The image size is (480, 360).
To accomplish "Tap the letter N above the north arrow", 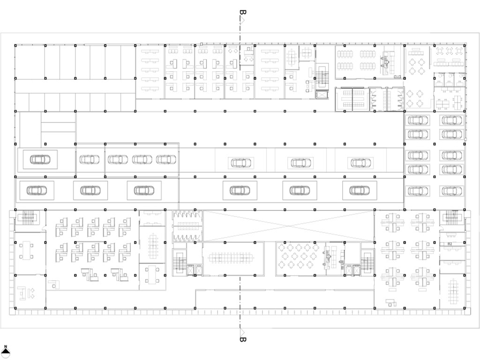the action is pyautogui.click(x=6, y=346).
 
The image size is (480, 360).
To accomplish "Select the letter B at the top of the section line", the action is pyautogui.click(x=243, y=13).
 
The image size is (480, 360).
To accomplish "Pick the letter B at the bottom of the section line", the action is pyautogui.click(x=243, y=339).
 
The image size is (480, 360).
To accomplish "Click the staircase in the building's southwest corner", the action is pyautogui.click(x=28, y=217).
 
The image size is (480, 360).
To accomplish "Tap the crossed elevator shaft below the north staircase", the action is pyautogui.click(x=322, y=94).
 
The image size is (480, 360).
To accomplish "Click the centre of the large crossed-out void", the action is pyautogui.click(x=288, y=226).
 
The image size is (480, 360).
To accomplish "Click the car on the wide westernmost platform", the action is pyautogui.click(x=40, y=159).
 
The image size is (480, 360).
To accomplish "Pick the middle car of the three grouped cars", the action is pyautogui.click(x=142, y=159).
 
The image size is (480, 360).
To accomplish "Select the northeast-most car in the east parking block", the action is pyautogui.click(x=451, y=120).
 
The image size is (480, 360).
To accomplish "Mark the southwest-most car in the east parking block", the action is pyautogui.click(x=418, y=191).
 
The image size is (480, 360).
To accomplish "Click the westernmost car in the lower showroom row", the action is pyautogui.click(x=37, y=190).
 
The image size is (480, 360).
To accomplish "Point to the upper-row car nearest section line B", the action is pyautogui.click(x=241, y=163).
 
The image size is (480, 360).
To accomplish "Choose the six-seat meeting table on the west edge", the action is pyautogui.click(x=26, y=251).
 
